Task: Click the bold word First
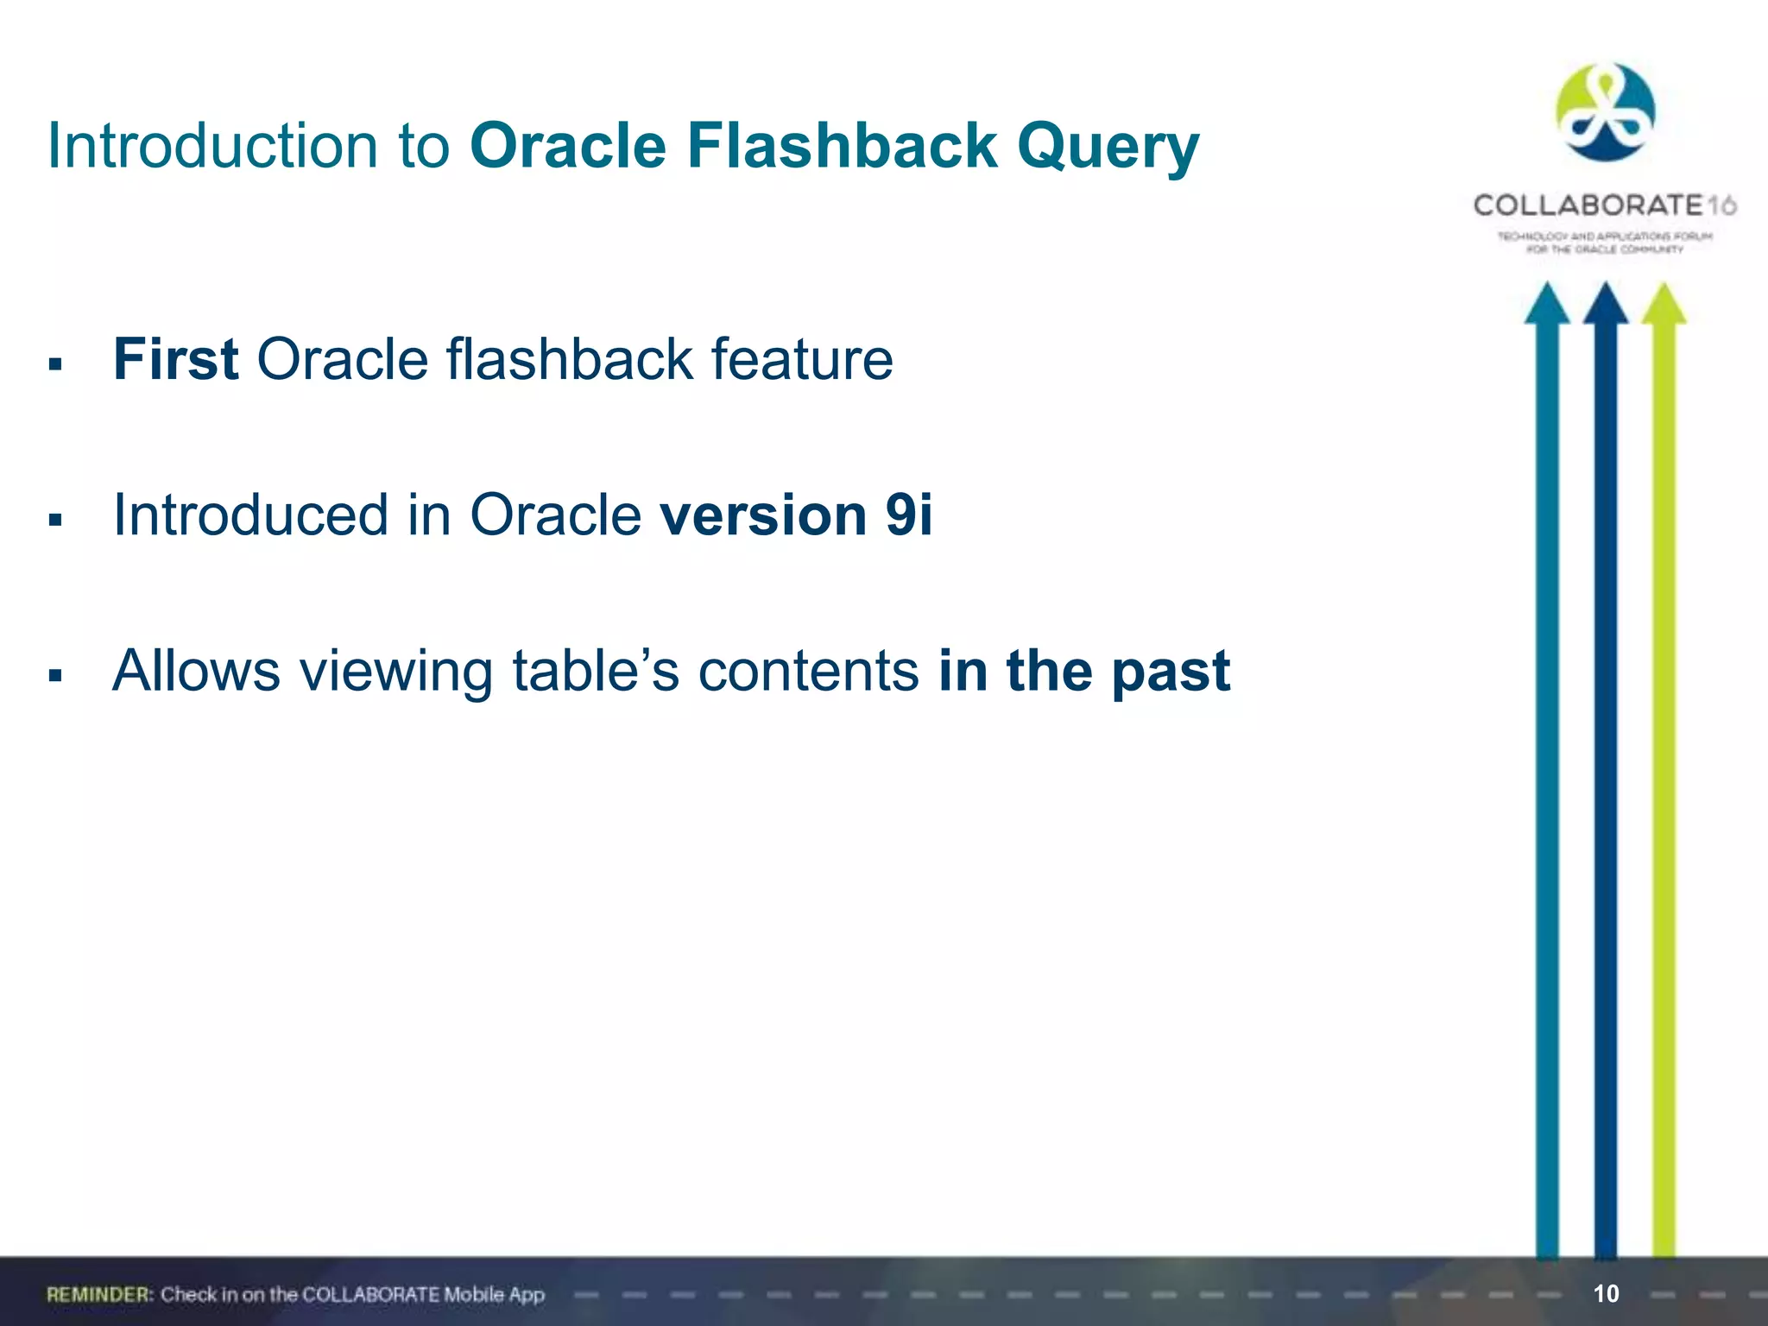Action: tap(175, 359)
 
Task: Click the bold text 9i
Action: tap(909, 515)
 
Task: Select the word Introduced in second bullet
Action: tap(250, 515)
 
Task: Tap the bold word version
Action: tap(762, 515)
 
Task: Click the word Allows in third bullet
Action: tap(197, 671)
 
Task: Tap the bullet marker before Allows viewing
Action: tap(56, 675)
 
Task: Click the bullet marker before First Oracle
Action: tap(56, 364)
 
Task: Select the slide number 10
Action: tap(1606, 1293)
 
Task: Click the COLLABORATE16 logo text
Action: tap(1604, 205)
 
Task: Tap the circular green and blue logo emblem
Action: tap(1605, 112)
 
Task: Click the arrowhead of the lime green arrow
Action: tap(1664, 304)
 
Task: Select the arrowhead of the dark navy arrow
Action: tap(1605, 304)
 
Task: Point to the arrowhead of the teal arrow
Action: tap(1547, 304)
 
